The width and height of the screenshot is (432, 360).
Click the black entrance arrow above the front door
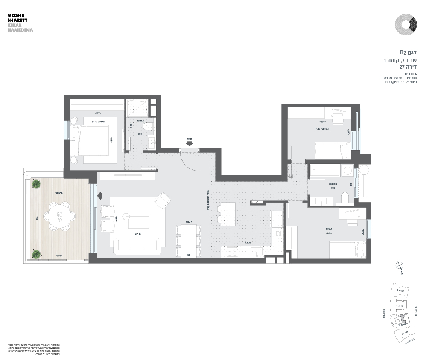point(189,143)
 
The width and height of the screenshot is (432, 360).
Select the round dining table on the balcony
point(59,215)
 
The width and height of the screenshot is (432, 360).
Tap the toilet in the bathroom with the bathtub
point(345,198)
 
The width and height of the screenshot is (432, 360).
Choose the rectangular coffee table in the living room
point(138,222)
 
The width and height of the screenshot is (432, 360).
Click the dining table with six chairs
point(189,240)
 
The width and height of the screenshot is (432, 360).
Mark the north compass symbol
point(400,267)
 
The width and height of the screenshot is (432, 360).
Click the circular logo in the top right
point(406,25)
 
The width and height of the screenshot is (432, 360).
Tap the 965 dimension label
point(189,255)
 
